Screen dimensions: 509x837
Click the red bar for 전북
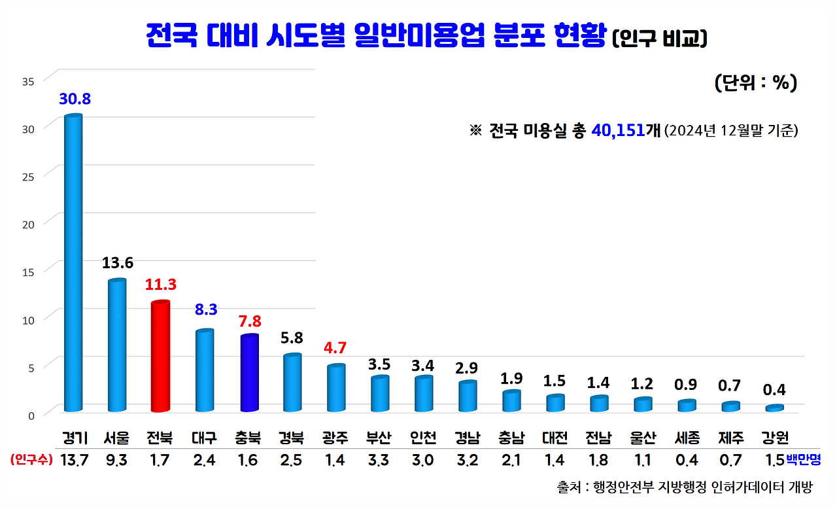pos(160,357)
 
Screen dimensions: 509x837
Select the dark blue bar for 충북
pos(249,373)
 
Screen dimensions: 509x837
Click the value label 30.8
pos(75,99)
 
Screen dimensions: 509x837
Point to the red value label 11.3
pos(161,285)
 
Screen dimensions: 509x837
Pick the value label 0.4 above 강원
pos(774,390)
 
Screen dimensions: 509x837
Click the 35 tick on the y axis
pos(28,82)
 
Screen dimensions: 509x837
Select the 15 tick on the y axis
pos(28,271)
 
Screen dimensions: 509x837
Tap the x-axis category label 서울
pos(116,438)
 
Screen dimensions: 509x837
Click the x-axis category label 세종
pos(687,438)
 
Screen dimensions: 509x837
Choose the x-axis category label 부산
pos(379,438)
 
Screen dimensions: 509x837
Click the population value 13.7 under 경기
pos(74,460)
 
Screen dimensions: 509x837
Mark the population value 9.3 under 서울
pos(116,460)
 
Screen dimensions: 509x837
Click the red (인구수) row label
pos(31,460)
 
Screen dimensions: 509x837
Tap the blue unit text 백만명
pos(803,460)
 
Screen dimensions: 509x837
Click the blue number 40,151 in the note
pos(617,130)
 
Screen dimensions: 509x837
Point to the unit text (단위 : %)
pos(755,83)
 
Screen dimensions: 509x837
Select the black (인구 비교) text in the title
pos(659,39)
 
